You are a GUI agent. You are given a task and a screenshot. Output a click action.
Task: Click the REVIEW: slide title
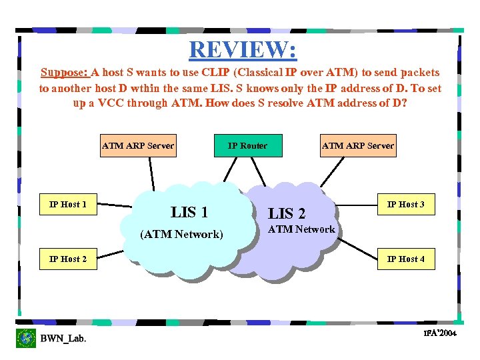tap(243, 49)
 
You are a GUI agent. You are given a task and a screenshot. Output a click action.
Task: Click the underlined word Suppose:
tap(65, 72)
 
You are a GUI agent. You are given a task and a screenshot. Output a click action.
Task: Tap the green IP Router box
tap(247, 146)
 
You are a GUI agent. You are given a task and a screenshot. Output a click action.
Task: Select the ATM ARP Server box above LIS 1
tap(138, 146)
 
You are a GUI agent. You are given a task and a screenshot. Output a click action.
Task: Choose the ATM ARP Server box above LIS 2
tap(358, 146)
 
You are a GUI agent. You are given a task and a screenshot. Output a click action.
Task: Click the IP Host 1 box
tap(68, 205)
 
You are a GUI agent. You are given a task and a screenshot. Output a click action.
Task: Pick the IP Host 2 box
tap(68, 259)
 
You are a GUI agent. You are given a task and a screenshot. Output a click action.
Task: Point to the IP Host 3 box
tap(406, 205)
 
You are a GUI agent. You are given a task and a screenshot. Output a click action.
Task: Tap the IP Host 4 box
tap(406, 259)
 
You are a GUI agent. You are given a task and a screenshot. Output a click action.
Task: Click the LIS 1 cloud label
tap(189, 213)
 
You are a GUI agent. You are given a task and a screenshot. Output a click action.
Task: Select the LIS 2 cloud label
tap(287, 213)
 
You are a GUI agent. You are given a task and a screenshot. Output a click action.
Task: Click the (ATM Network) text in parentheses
tap(181, 234)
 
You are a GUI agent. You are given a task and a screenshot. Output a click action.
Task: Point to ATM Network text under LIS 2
tap(301, 229)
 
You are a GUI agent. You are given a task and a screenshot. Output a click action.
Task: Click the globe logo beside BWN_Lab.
tap(26, 338)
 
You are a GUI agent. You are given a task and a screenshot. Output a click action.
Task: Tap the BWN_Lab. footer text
tap(63, 339)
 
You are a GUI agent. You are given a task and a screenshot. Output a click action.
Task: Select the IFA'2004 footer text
tap(440, 333)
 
